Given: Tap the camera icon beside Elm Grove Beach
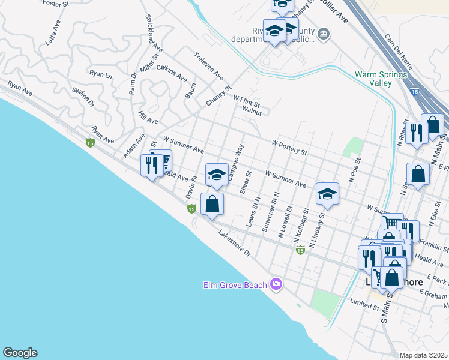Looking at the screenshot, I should point(276,284).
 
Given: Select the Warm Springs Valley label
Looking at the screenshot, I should point(381,79).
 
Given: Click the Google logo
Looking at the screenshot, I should point(19,353).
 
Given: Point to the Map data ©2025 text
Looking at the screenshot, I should point(423,355).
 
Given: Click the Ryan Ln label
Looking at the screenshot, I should point(100,74).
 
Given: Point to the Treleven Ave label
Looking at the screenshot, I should point(208,67).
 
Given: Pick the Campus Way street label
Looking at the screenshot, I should point(235,161).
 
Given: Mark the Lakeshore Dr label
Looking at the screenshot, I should point(234,245).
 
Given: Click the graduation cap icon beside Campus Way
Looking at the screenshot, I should point(216,175).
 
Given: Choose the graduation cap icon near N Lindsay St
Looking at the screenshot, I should point(327,194).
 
